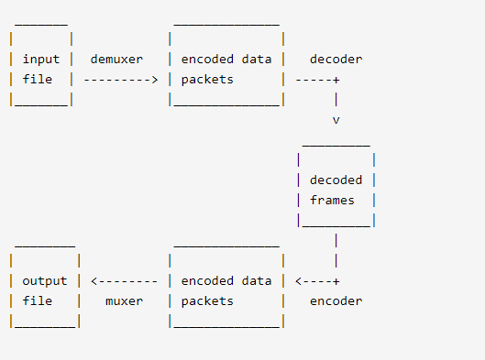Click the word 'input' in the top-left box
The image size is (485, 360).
(40, 60)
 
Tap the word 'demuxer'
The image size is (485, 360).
(116, 60)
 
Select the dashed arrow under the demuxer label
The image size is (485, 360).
(120, 80)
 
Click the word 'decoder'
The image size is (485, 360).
(336, 60)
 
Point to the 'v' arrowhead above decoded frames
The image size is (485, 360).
(336, 120)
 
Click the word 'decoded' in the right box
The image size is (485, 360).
(336, 180)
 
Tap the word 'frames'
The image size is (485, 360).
(332, 201)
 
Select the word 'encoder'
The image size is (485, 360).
(336, 301)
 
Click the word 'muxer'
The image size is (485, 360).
(124, 301)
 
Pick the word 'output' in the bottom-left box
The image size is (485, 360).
(44, 281)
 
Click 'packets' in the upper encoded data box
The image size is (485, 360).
(207, 80)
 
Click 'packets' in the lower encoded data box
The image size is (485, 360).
(207, 301)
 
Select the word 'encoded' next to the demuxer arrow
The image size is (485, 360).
(207, 60)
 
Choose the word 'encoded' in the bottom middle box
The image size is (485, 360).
(207, 281)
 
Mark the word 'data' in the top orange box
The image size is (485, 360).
(256, 60)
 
